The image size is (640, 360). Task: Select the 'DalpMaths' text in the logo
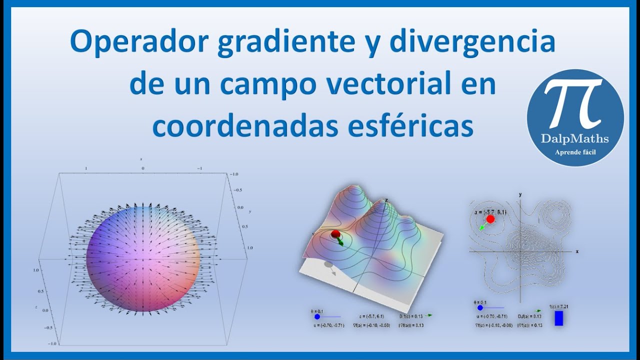(x=574, y=138)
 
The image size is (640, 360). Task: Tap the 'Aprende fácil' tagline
(x=575, y=152)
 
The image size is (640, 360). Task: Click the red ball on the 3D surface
(x=335, y=234)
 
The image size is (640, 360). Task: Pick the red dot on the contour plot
(x=490, y=219)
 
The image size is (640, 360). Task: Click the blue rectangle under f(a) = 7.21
(x=558, y=318)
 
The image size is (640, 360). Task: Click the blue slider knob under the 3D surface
(x=317, y=316)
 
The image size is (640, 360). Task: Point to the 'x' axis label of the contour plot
(x=577, y=251)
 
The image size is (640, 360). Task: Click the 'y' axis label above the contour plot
(x=520, y=194)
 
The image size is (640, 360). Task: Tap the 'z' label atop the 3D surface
(x=386, y=200)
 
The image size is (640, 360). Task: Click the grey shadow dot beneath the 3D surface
(x=327, y=264)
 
